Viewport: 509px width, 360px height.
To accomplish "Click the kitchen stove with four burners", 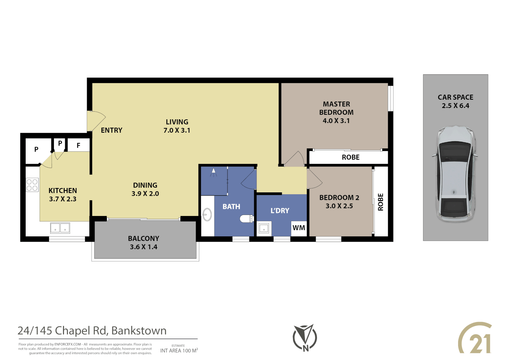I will (x=32, y=185).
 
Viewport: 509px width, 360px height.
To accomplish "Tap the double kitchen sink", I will (x=60, y=228).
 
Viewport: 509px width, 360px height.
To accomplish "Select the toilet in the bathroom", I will (x=247, y=219).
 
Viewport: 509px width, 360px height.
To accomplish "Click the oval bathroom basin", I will (x=207, y=215).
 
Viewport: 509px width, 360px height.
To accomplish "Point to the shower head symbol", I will (x=214, y=172).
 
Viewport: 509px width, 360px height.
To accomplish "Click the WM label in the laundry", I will (x=298, y=228).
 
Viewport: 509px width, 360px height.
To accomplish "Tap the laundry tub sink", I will (x=264, y=229).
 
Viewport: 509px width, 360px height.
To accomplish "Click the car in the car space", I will (x=455, y=174).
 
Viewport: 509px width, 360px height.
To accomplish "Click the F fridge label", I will (x=79, y=146).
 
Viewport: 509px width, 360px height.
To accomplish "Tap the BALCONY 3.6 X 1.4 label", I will (x=144, y=243).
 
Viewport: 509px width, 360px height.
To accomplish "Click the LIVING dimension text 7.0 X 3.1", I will (x=177, y=131).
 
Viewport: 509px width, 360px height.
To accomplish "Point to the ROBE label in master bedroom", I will (x=350, y=157).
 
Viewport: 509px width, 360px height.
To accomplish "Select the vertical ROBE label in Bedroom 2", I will (x=380, y=202).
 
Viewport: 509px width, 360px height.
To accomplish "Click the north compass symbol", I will (x=305, y=338).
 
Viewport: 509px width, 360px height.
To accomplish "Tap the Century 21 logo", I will (x=475, y=338).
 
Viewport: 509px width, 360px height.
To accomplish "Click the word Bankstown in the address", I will (x=139, y=331).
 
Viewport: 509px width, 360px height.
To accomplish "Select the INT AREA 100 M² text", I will (x=179, y=351).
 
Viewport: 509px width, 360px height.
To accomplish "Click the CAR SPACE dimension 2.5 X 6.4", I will (x=455, y=106).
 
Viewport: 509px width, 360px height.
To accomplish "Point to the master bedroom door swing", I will (x=295, y=159).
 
